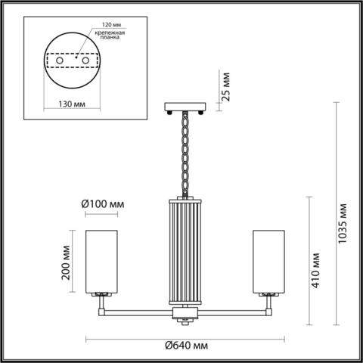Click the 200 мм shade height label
coord(67,262)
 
